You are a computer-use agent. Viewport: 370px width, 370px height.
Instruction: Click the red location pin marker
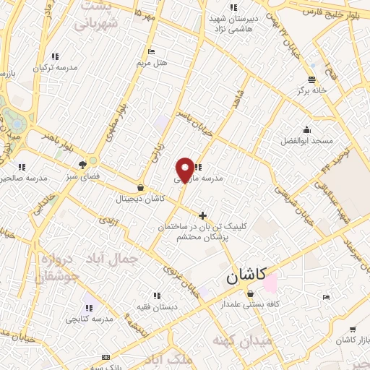pos(186,168)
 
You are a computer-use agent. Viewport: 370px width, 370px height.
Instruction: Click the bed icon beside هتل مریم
pos(151,51)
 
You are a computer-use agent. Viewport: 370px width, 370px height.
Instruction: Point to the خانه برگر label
pos(311,91)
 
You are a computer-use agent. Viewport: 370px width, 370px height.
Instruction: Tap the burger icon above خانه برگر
pos(311,79)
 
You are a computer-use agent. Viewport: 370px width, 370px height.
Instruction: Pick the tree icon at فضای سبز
pos(92,163)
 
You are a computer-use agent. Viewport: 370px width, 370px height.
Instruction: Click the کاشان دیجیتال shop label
pos(140,198)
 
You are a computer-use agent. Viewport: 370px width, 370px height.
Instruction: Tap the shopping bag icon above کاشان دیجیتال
pos(140,186)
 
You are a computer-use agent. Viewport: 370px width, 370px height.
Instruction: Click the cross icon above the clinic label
pos(203,215)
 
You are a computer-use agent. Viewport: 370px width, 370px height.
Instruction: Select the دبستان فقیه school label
pos(157,306)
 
